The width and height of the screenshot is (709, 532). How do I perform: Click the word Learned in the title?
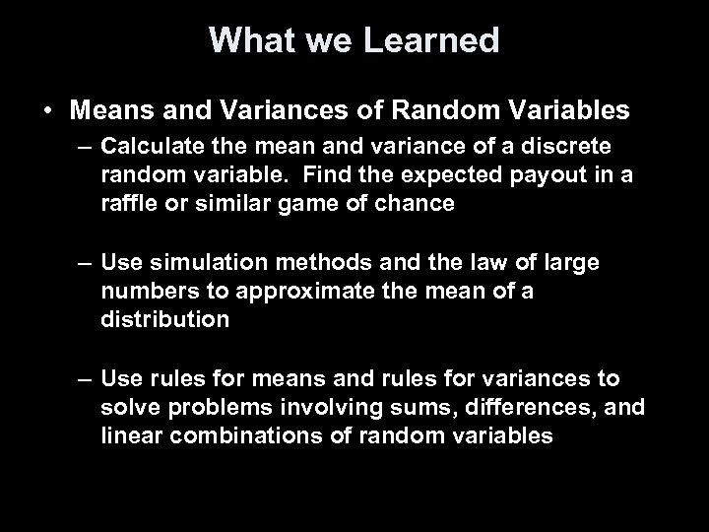(x=434, y=40)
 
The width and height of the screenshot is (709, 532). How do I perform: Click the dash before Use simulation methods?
(x=85, y=263)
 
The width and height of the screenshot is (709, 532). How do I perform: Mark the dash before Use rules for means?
(x=85, y=379)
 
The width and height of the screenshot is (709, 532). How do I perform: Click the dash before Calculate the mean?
(x=85, y=146)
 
